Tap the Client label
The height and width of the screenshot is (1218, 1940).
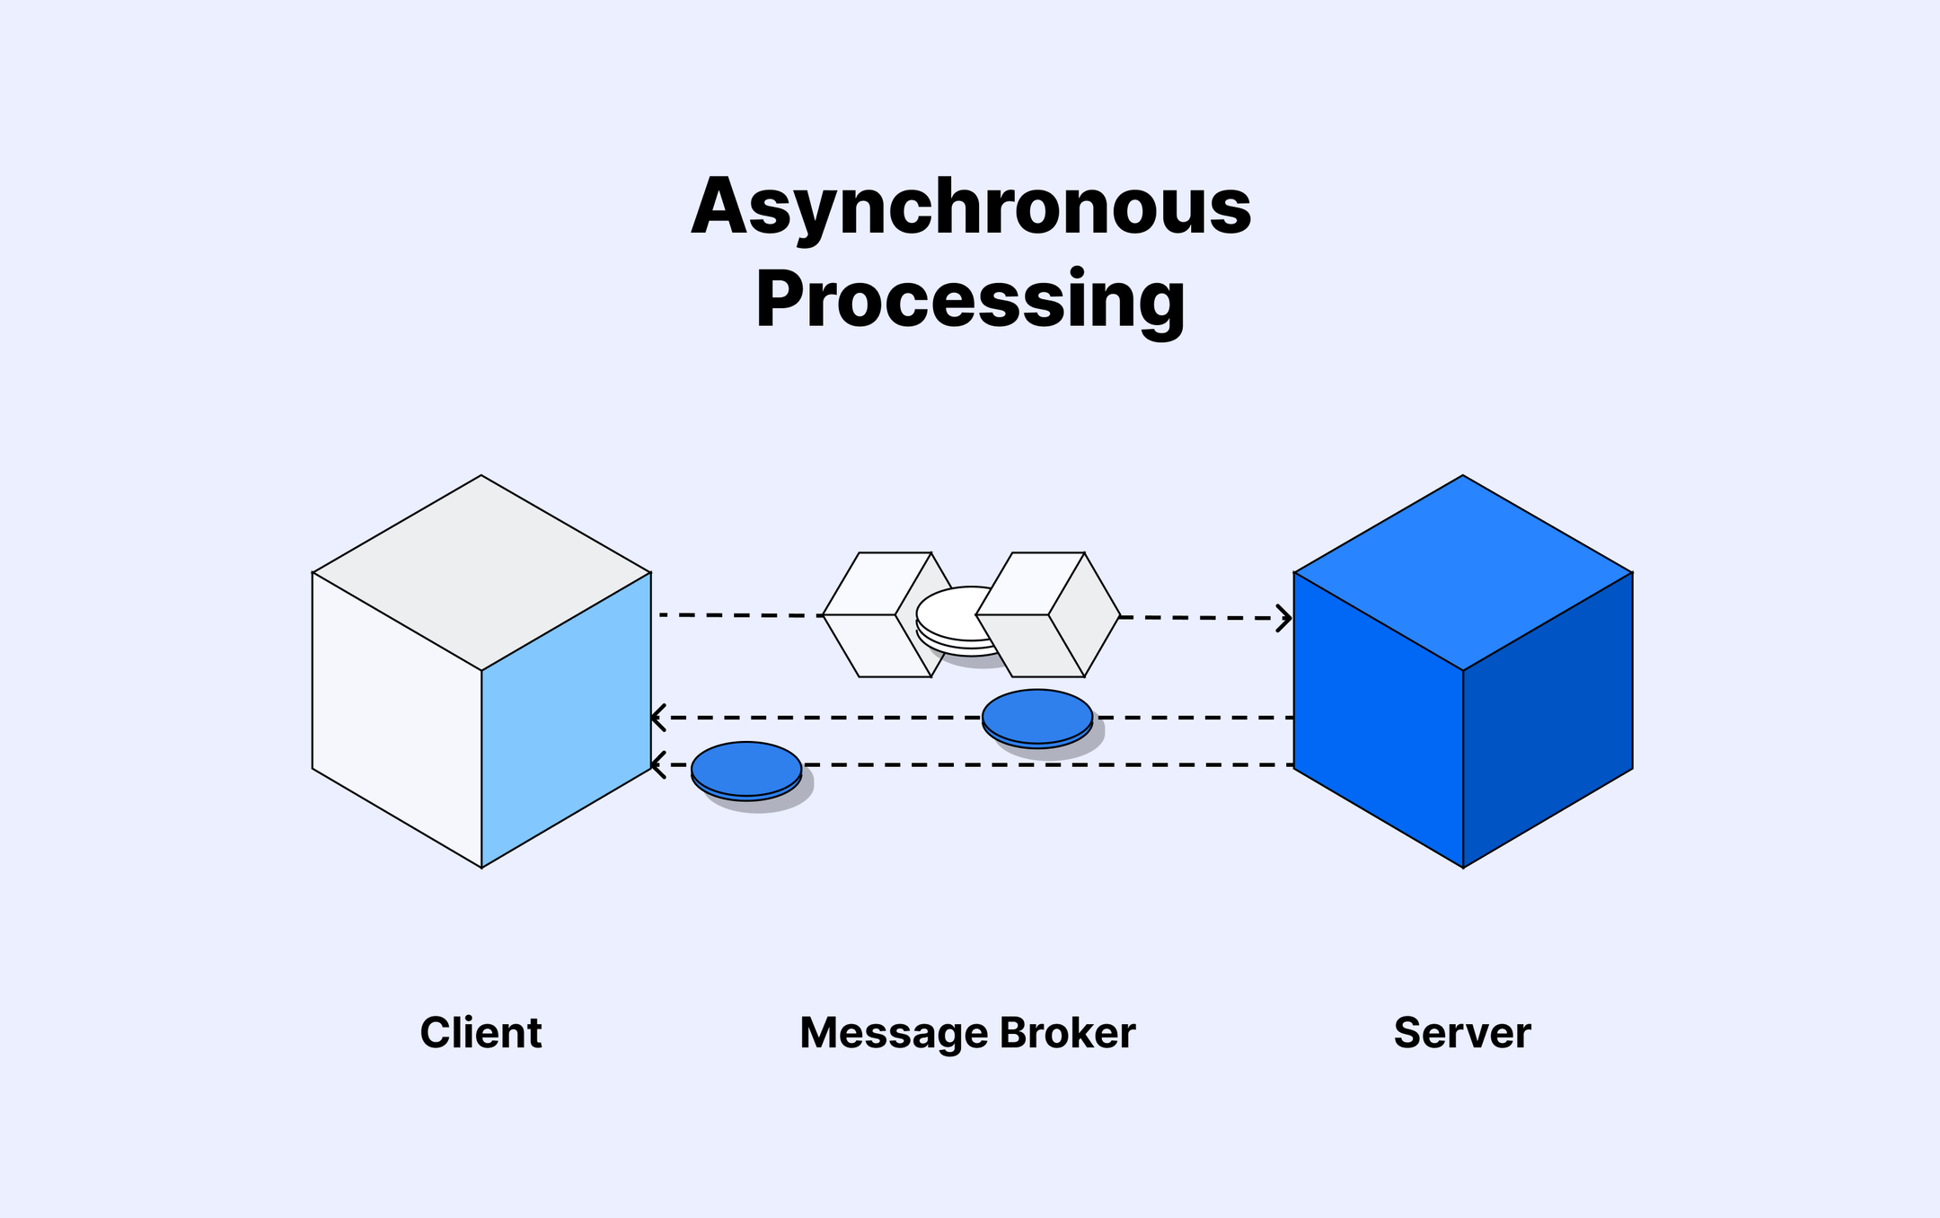pyautogui.click(x=481, y=1033)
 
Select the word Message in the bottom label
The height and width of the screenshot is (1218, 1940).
pyautogui.click(x=893, y=1033)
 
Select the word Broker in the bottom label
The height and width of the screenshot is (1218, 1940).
pyautogui.click(x=1067, y=1033)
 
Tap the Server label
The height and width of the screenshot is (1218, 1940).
pyautogui.click(x=1462, y=1033)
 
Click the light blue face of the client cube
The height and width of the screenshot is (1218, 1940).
pyautogui.click(x=566, y=719)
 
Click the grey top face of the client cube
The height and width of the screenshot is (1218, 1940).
pyautogui.click(x=481, y=572)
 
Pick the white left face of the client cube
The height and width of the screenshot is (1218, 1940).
pyautogui.click(x=397, y=719)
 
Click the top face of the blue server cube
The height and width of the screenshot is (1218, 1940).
pyautogui.click(x=1463, y=572)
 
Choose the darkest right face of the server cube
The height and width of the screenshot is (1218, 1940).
pyautogui.click(x=1548, y=719)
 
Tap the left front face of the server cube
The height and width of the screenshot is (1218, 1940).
pyautogui.click(x=1379, y=719)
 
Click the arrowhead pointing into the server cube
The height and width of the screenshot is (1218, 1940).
pyautogui.click(x=1285, y=618)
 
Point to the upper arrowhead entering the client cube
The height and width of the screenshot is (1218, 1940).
pyautogui.click(x=657, y=718)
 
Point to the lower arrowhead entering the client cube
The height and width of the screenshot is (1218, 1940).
pyautogui.click(x=657, y=765)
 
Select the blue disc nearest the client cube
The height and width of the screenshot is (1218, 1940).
pyautogui.click(x=746, y=769)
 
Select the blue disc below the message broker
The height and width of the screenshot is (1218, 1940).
pyautogui.click(x=1037, y=717)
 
